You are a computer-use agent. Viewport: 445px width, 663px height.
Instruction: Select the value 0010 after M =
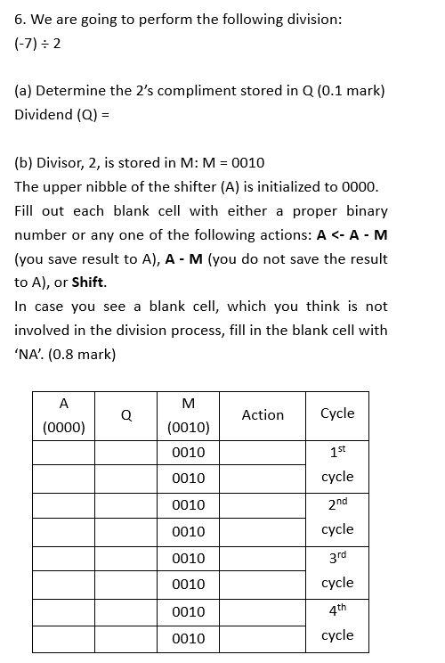coord(247,163)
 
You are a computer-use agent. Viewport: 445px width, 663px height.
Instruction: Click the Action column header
coord(263,414)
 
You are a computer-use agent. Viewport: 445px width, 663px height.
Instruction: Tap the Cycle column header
coord(337,413)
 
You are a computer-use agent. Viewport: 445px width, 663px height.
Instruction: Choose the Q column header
coord(126,414)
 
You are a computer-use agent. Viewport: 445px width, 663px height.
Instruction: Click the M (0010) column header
coord(188,415)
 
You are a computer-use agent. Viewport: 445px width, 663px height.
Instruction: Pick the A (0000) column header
coord(64,415)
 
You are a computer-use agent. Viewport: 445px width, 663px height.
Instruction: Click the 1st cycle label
coord(337,464)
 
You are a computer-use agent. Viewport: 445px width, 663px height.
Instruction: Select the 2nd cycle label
coord(337,517)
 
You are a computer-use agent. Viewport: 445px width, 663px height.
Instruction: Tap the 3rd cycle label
coord(337,570)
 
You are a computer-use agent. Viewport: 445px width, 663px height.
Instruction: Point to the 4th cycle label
coord(337,624)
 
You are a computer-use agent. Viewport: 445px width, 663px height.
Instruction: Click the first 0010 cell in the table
coord(188,452)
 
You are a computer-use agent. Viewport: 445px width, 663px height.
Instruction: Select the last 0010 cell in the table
coord(188,638)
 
